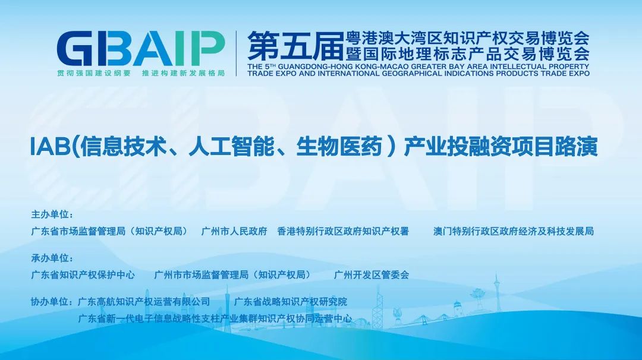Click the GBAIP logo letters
click(140, 48)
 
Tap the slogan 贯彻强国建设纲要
click(94, 73)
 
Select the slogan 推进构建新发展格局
click(184, 73)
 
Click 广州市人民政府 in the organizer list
click(234, 231)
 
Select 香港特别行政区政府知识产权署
click(343, 231)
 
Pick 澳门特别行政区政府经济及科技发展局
click(514, 231)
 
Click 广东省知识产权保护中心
click(83, 275)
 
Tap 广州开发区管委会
click(372, 275)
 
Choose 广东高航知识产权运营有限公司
click(144, 302)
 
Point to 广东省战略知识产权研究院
click(290, 302)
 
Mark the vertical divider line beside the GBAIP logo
click(236, 53)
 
